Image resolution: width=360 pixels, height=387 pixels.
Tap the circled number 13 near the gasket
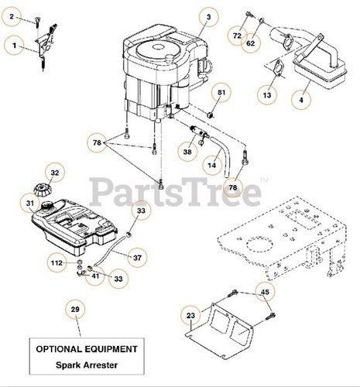(267, 94)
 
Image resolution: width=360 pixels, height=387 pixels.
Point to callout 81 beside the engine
(221, 94)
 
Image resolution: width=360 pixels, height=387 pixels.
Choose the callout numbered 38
(188, 153)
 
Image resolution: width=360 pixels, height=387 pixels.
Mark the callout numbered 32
(54, 173)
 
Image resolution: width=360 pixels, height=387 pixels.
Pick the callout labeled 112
(57, 262)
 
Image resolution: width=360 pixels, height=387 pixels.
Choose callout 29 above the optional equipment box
(75, 310)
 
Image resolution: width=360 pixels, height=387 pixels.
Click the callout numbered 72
(237, 36)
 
